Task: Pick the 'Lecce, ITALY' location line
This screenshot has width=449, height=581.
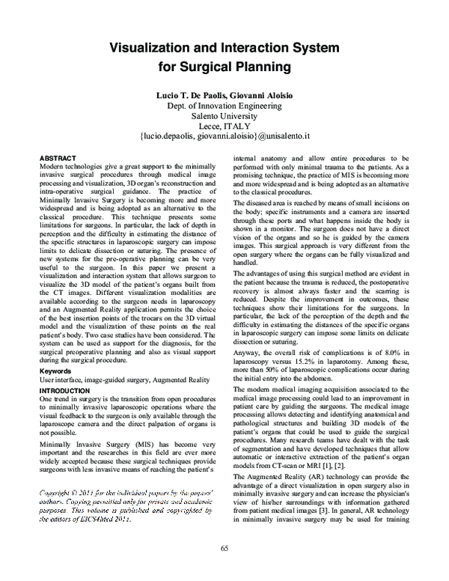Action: (x=224, y=127)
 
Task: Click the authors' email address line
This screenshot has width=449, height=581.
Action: (x=224, y=139)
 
